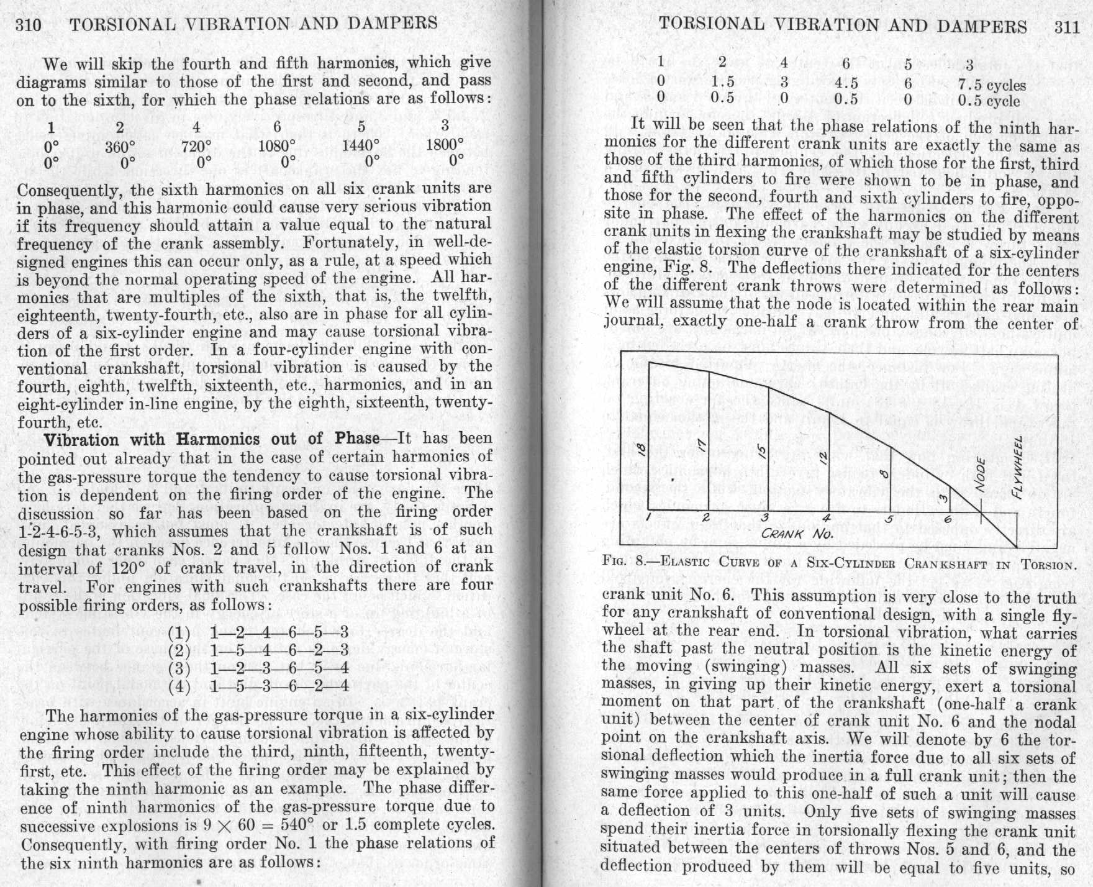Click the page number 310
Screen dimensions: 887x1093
point(29,24)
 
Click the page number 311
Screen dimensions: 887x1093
point(1067,27)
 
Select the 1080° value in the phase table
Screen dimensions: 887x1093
point(277,145)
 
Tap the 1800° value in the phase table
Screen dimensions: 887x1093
point(445,144)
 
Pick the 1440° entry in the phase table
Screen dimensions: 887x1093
point(361,145)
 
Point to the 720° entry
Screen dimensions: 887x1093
point(196,147)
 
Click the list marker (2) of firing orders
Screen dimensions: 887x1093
point(179,651)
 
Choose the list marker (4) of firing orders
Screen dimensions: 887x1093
point(179,687)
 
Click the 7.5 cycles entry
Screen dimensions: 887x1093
point(992,85)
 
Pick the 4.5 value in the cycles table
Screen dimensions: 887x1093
point(846,83)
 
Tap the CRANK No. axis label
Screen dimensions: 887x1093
point(799,533)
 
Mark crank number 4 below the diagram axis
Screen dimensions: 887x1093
point(826,519)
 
